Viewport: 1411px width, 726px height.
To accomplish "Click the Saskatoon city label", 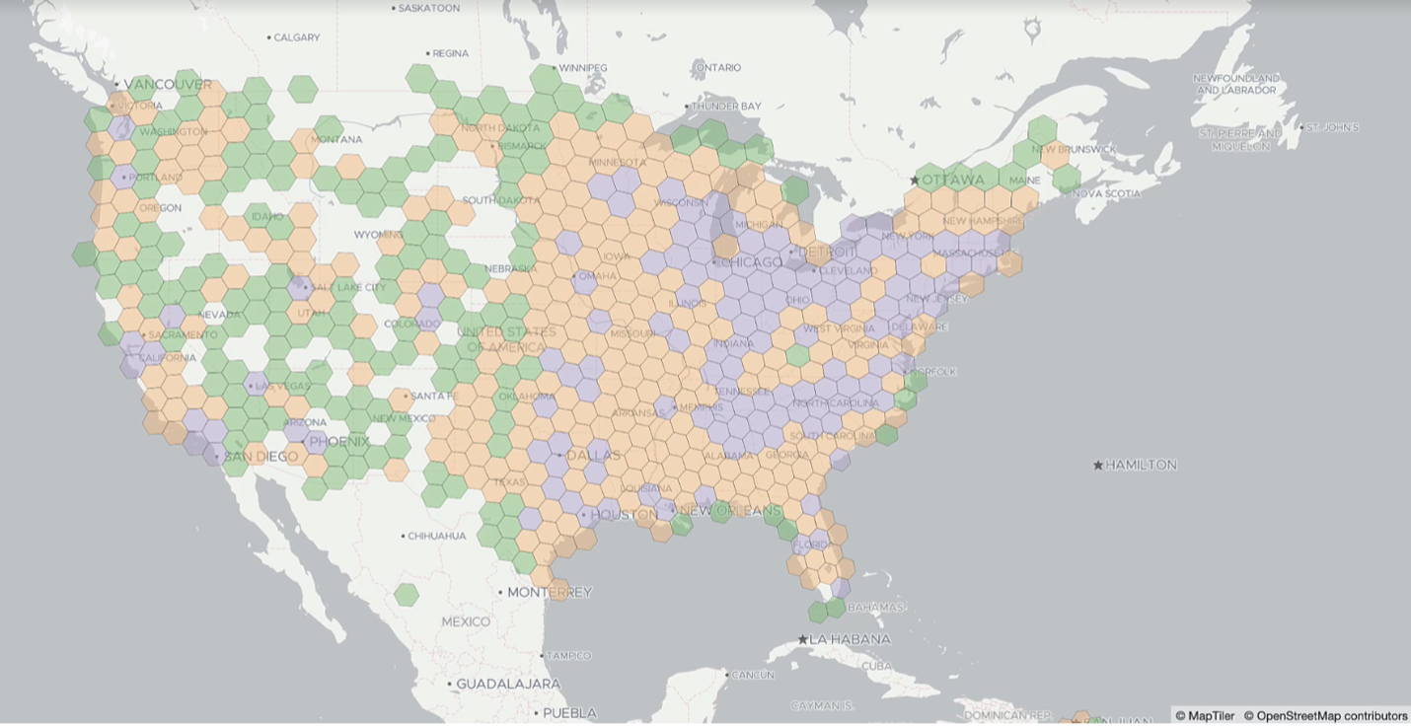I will (429, 8).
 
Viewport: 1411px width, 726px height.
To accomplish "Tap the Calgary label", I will (297, 37).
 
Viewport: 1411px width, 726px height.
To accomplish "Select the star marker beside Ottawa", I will (915, 180).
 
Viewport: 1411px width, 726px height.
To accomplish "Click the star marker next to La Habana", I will (803, 639).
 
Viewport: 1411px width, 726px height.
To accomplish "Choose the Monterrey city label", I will (549, 592).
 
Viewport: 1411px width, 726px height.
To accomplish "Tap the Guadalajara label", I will (508, 684).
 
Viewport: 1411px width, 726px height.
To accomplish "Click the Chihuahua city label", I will (437, 536).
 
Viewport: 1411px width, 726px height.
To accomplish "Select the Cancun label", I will (752, 675).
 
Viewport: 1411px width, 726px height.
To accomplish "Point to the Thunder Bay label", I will (728, 106).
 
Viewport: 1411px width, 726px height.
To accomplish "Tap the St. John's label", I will (1333, 127).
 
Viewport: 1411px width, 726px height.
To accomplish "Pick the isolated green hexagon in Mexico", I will (406, 594).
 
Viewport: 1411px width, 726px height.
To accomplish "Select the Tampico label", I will (570, 655).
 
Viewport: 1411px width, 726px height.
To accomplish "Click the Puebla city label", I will (569, 712).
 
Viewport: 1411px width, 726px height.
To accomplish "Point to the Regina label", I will (450, 53).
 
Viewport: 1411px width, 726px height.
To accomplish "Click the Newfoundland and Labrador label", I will (1236, 84).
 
